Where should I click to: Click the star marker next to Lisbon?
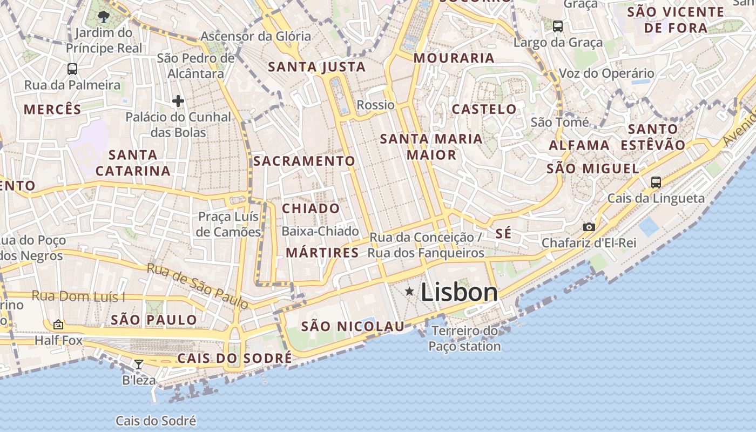410,292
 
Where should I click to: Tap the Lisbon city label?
459,293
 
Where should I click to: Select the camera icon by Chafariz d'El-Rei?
589,227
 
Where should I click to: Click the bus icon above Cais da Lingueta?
656,182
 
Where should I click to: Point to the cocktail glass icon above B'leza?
139,364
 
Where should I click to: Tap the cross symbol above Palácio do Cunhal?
178,100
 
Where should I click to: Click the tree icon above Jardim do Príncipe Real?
104,17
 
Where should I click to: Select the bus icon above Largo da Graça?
558,26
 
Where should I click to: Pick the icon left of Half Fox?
58,325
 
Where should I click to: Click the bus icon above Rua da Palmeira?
72,69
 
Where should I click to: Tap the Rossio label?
376,105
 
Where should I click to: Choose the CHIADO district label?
311,208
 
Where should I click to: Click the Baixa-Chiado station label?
320,231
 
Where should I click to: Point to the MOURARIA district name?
454,58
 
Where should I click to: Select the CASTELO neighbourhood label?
484,109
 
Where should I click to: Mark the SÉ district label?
503,234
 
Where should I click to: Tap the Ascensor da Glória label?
256,37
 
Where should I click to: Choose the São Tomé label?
559,122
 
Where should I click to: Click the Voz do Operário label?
606,73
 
